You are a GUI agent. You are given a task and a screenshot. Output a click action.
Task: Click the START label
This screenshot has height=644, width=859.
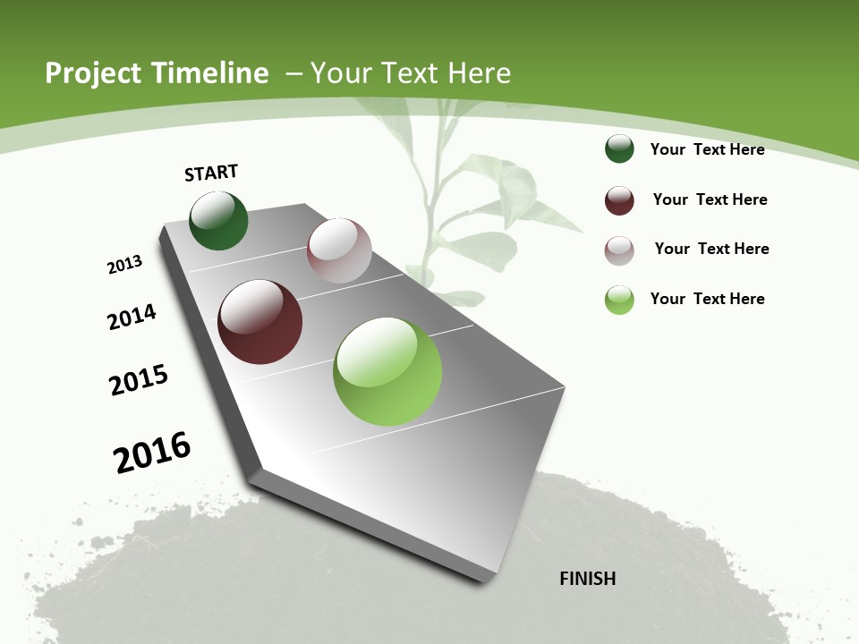click(x=211, y=173)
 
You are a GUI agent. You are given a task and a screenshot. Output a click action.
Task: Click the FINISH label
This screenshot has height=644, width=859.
click(x=588, y=579)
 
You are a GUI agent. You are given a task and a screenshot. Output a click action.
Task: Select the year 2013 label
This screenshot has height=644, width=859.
click(x=124, y=265)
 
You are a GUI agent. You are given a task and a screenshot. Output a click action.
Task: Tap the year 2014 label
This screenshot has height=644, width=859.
click(x=132, y=317)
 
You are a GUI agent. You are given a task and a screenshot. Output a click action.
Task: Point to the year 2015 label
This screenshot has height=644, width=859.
click(x=139, y=380)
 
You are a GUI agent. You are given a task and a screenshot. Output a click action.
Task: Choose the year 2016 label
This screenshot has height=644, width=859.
click(x=152, y=453)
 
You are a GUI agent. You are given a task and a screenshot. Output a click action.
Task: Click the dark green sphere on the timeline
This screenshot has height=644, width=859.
click(x=218, y=221)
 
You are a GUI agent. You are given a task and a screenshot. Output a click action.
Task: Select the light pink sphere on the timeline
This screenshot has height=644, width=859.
click(x=339, y=250)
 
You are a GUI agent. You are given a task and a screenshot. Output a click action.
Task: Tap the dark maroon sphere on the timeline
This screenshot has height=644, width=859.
click(x=259, y=322)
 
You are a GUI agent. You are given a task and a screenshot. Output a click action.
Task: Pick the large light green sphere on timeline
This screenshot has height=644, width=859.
click(x=387, y=371)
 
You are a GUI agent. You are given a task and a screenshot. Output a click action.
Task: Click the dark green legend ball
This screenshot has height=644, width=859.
click(x=619, y=149)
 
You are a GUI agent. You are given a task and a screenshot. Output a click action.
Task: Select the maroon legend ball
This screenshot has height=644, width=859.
click(x=619, y=200)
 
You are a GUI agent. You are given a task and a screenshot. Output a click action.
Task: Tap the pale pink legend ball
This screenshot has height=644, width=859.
click(x=619, y=250)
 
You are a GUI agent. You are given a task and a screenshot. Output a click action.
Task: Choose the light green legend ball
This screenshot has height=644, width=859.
click(x=619, y=300)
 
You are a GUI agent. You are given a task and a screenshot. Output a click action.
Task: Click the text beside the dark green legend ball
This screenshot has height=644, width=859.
click(x=707, y=149)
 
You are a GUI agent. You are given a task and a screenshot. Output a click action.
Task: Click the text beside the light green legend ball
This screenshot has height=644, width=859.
click(x=707, y=299)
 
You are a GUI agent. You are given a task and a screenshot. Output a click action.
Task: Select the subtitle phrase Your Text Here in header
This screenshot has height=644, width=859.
click(x=410, y=73)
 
